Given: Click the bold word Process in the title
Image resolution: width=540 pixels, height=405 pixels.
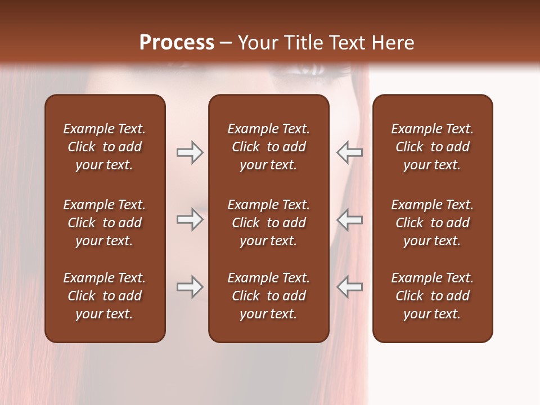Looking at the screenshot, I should click(177, 43).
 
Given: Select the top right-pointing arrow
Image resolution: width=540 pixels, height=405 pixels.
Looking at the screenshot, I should click(190, 152).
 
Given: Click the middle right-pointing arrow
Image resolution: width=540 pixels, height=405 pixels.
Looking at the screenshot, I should click(190, 219).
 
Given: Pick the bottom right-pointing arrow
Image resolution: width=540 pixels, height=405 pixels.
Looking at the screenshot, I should click(190, 287).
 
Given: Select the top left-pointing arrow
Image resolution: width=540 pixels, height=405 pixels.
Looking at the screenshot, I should click(349, 152).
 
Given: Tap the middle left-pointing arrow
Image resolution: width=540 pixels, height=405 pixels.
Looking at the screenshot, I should click(349, 219).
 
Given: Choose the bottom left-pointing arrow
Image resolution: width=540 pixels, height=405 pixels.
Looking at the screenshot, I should click(349, 287).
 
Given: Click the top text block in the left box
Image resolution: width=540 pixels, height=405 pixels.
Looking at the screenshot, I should click(105, 147).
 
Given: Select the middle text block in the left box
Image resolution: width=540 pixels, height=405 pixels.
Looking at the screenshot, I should click(105, 223).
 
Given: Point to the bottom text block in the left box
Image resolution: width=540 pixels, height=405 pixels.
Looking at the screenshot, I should click(105, 296).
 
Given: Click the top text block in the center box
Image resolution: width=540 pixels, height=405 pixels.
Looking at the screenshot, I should click(268, 147).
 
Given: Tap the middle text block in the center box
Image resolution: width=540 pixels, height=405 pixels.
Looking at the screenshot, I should click(268, 223).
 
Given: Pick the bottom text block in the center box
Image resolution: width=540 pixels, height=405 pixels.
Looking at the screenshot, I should click(268, 296).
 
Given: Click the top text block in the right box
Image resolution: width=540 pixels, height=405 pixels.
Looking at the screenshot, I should click(432, 147).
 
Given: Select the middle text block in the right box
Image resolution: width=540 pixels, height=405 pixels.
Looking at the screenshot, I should click(432, 223).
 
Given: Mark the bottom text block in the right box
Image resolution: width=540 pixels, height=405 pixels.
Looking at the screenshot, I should click(432, 296).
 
